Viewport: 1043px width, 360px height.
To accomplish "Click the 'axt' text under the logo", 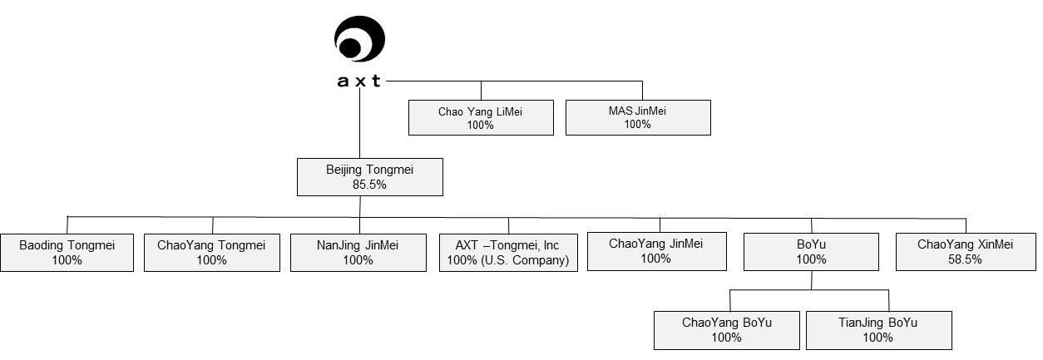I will [359, 81].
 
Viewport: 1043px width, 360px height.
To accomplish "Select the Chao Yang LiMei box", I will [481, 117].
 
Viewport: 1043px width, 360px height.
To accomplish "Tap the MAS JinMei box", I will [638, 117].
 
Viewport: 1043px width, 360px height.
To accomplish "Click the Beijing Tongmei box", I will [370, 176].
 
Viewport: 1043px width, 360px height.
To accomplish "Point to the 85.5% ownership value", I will [370, 185].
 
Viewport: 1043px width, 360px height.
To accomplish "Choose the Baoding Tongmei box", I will [67, 252].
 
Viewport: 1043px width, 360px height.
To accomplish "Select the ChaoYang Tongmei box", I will [212, 252].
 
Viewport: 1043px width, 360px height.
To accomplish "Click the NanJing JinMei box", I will [358, 252].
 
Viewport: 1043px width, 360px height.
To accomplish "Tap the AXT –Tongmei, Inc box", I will [508, 252].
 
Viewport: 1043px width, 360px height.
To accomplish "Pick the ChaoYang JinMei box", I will [656, 250].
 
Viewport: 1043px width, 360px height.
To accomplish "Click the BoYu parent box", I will [811, 251].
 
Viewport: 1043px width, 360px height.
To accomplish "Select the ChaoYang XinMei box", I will [966, 251].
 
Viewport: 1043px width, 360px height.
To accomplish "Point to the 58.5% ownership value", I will [966, 259].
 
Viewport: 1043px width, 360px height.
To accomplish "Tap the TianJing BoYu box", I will [878, 330].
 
